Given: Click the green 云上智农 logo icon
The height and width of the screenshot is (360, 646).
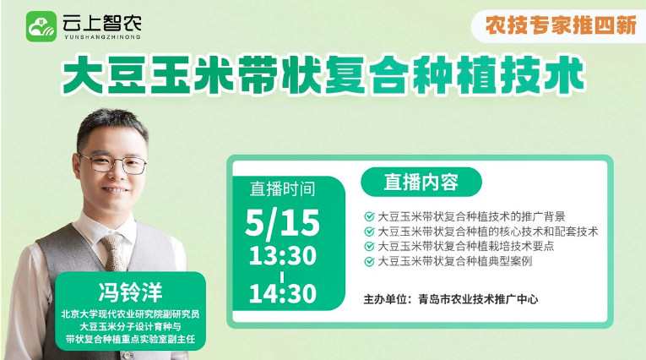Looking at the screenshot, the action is click(x=41, y=26).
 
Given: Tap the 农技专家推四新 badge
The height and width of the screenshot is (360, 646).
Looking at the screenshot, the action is click(x=561, y=25).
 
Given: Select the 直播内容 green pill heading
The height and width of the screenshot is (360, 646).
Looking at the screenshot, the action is click(x=421, y=182).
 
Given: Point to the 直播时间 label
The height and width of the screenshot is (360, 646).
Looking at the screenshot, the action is click(x=283, y=188).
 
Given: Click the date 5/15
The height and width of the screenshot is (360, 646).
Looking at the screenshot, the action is click(x=282, y=223).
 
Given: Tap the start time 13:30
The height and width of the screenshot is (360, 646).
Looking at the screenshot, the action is click(x=283, y=256).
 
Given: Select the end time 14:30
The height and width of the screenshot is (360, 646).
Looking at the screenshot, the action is click(x=283, y=293).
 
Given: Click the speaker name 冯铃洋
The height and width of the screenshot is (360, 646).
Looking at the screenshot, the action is click(x=130, y=292).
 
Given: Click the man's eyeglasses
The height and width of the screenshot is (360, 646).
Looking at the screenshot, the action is click(x=112, y=163).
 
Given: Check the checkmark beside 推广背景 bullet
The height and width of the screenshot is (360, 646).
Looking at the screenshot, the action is click(x=369, y=216).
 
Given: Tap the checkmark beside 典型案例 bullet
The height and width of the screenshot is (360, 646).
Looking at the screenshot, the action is click(x=369, y=261).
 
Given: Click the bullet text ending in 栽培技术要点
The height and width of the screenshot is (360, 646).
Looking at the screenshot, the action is click(x=465, y=246).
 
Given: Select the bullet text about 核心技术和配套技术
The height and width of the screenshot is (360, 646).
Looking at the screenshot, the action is click(x=488, y=232).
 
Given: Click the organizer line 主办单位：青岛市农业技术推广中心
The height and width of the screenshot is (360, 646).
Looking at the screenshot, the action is click(x=451, y=299).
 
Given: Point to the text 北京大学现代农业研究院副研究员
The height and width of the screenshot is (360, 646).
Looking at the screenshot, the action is click(x=130, y=314).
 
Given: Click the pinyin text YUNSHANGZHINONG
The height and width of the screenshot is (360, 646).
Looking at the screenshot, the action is click(x=102, y=36).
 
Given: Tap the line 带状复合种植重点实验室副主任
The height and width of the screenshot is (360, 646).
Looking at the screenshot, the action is click(x=130, y=340).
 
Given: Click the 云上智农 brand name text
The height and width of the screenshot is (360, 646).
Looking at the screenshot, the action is click(x=102, y=23).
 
